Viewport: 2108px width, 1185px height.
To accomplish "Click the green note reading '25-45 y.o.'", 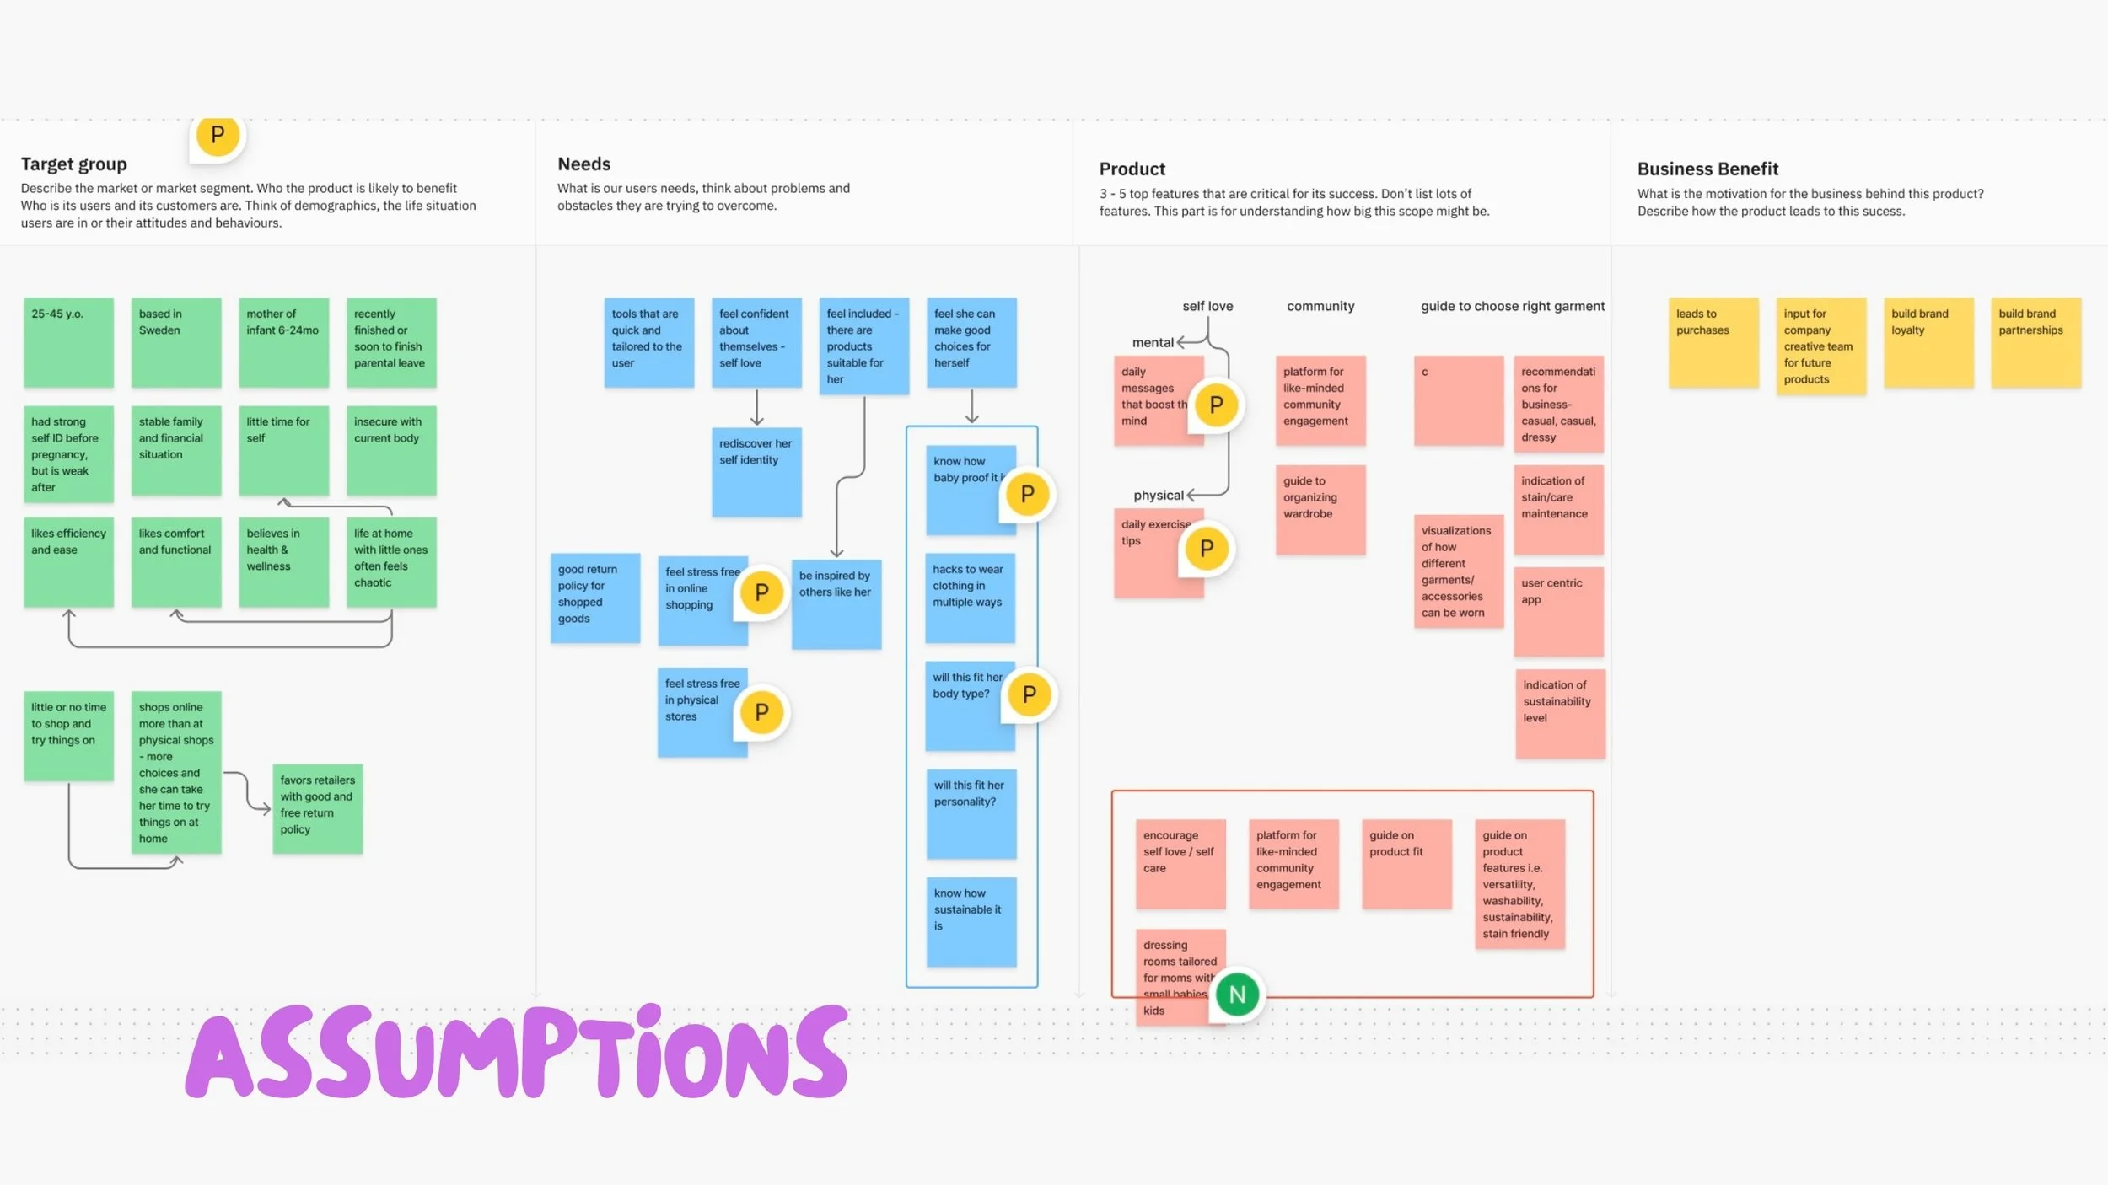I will pyautogui.click(x=68, y=342).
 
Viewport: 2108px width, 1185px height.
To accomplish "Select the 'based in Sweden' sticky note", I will pyautogui.click(x=175, y=342).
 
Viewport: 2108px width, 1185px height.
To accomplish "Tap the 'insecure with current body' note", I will pyautogui.click(x=391, y=450).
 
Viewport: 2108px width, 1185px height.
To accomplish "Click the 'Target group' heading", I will pyautogui.click(x=74, y=164).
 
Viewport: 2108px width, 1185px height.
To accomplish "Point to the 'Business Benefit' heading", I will pyautogui.click(x=1707, y=169).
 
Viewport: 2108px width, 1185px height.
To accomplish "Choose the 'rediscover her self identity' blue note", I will pyautogui.click(x=756, y=472).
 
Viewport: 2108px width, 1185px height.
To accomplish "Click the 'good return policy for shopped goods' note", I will pyautogui.click(x=594, y=598).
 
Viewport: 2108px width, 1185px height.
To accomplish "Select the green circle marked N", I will pyautogui.click(x=1237, y=995).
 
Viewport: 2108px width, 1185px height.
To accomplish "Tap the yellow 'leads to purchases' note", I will pyautogui.click(x=1713, y=342).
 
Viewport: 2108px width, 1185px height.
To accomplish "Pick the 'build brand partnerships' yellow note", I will pyautogui.click(x=2035, y=342).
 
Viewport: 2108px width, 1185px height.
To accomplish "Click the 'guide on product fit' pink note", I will pyautogui.click(x=1406, y=864).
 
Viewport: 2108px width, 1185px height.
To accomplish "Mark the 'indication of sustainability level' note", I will pyautogui.click(x=1560, y=714).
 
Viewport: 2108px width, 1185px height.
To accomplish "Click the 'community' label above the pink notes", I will pyautogui.click(x=1320, y=306).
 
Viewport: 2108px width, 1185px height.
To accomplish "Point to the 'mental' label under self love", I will pyautogui.click(x=1152, y=342).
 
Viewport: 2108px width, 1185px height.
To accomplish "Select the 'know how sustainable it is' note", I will pyautogui.click(x=971, y=921).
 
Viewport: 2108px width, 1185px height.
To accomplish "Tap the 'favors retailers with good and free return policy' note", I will pyautogui.click(x=317, y=809).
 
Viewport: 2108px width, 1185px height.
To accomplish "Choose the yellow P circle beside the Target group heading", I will pyautogui.click(x=218, y=135).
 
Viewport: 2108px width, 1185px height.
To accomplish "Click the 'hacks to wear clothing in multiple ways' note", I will pyautogui.click(x=970, y=598).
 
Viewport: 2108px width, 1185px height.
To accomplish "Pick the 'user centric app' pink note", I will pyautogui.click(x=1558, y=611).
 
